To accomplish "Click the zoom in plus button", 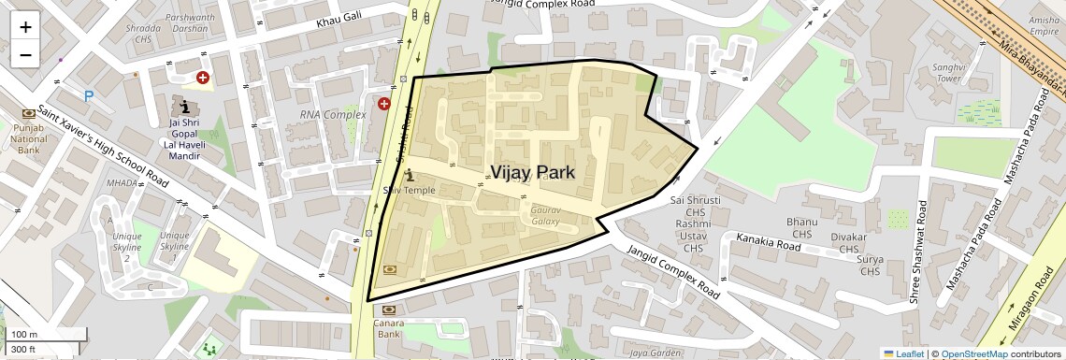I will click(x=25, y=27).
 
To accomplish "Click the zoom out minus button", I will click(x=25, y=54).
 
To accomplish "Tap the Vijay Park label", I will click(x=544, y=172).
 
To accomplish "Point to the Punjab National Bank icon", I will click(x=28, y=113).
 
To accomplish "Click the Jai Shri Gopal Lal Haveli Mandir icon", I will click(x=184, y=106).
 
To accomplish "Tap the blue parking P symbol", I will click(x=89, y=95).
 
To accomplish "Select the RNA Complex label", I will click(x=332, y=115).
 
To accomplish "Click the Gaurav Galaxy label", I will click(x=545, y=216).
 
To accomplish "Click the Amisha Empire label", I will click(x=1044, y=26).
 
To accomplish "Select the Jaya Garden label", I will click(x=655, y=353).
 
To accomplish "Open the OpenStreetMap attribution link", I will click(x=973, y=353).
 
